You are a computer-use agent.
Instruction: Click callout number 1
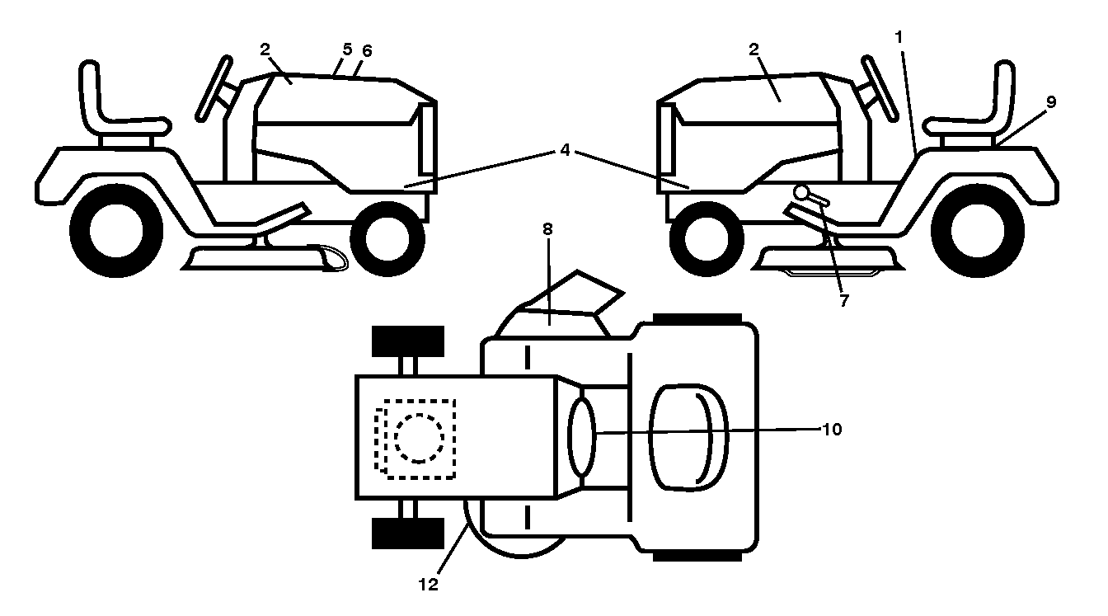point(899,37)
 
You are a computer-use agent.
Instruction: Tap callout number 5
point(347,49)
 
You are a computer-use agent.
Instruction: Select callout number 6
point(367,50)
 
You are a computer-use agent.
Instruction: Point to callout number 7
point(844,300)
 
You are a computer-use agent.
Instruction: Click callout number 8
point(547,229)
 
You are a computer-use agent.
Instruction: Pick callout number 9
point(1051,102)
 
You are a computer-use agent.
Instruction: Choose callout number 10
point(832,430)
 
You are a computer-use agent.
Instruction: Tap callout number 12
point(429,585)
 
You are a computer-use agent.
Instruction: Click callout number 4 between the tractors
point(566,150)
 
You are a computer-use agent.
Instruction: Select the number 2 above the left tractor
point(265,49)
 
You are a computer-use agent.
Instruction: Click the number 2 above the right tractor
point(754,49)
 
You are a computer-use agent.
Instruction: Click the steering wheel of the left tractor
point(214,88)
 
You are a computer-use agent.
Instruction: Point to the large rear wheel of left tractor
point(116,231)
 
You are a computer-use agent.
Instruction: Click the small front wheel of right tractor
point(707,239)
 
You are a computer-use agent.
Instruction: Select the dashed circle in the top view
point(420,439)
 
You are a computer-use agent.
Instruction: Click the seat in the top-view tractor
point(688,437)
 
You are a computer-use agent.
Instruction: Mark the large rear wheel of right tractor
point(978,231)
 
